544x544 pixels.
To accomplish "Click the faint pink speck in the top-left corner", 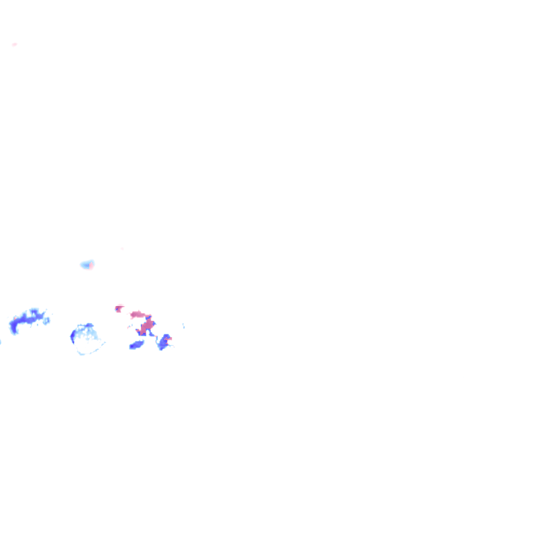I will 14,45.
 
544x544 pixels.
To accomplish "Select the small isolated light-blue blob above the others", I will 86,265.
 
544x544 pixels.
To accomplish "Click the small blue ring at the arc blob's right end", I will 47,321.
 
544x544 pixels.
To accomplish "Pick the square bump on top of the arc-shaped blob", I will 33,312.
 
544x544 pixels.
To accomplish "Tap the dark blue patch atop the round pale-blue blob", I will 89,326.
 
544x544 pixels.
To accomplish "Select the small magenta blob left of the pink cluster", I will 118,308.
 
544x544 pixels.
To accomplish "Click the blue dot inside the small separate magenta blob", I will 117,309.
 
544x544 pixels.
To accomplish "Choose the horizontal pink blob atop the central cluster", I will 137,314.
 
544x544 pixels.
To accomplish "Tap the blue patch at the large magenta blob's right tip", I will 153,323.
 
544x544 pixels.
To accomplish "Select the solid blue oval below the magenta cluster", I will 136,345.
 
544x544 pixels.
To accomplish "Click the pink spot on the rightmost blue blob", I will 169,339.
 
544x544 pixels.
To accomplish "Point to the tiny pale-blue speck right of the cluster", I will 183,326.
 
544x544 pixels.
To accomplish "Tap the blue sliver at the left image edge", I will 1,342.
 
